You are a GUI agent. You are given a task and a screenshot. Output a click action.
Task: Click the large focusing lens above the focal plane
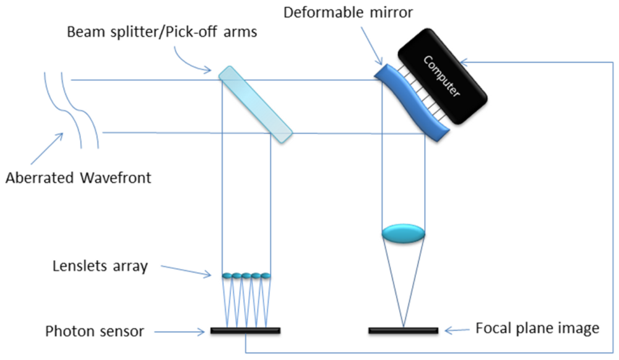coord(403,234)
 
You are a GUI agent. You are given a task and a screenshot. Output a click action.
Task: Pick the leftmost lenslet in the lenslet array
coord(227,275)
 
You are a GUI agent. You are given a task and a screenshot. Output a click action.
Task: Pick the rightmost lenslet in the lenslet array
coord(266,275)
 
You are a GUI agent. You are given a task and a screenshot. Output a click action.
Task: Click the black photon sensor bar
coord(245,331)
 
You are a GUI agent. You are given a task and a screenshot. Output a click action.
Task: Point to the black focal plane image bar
coord(403,331)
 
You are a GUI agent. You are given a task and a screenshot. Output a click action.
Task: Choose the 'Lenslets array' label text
coord(100,267)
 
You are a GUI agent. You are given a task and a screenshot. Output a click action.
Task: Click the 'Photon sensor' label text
coord(95,331)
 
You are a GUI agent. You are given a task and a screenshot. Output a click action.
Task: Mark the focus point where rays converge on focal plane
coord(403,327)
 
